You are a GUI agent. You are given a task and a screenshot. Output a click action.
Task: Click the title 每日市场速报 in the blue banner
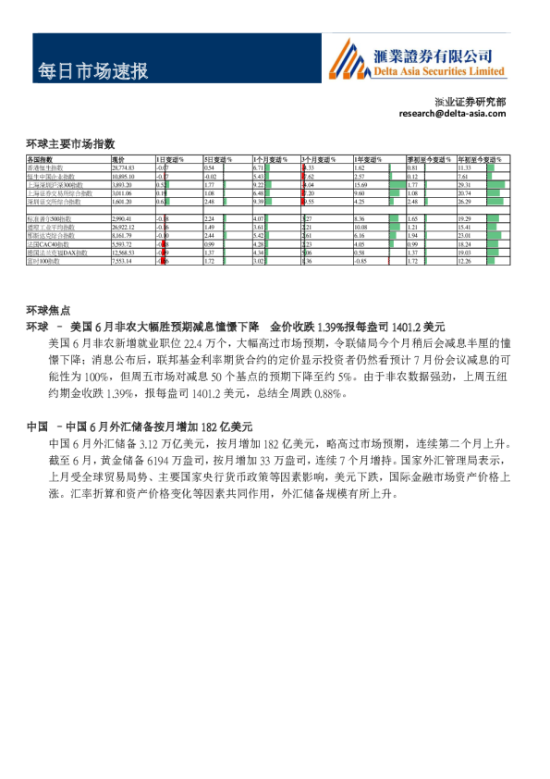coord(92,71)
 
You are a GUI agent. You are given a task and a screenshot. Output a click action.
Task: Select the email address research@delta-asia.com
coord(453,113)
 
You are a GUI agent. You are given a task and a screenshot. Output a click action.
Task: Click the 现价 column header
coord(117,160)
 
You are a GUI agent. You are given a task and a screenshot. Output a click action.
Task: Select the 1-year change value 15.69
coord(361,184)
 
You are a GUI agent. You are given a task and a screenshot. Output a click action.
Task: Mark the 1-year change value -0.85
coord(361,261)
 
